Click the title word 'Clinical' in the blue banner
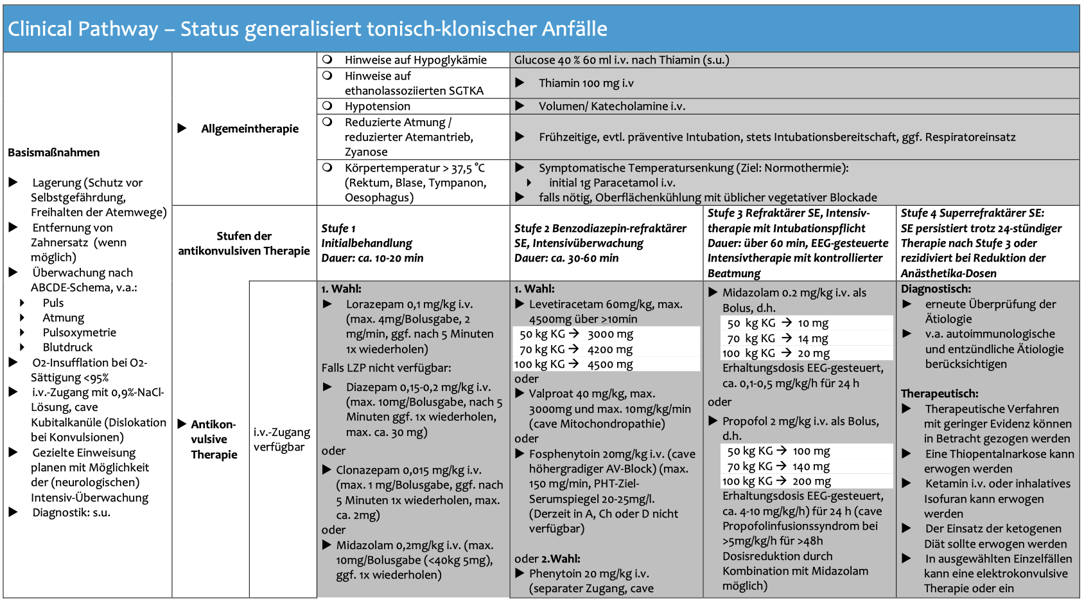[x=40, y=29]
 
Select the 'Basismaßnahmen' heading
[x=54, y=152]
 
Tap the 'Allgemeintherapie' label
[x=250, y=129]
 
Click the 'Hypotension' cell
[x=377, y=106]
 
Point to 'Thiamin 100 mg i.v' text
[x=586, y=83]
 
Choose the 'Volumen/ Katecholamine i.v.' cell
[x=611, y=106]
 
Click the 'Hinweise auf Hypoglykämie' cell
[x=415, y=60]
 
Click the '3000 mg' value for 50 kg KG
[x=610, y=334]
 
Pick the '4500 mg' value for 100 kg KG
[x=610, y=364]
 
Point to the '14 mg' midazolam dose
[x=813, y=338]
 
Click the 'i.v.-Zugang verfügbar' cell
[x=282, y=439]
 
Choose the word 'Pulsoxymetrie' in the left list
[x=79, y=332]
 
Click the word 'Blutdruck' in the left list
[x=67, y=347]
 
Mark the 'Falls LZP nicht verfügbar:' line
[x=386, y=368]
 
